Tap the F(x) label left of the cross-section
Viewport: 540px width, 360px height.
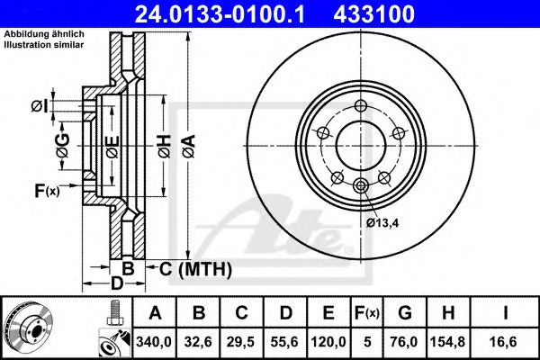[46, 190]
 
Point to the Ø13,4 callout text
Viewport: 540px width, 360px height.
[383, 222]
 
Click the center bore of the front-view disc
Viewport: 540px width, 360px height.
[360, 140]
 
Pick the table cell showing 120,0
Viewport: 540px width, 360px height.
[328, 341]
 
